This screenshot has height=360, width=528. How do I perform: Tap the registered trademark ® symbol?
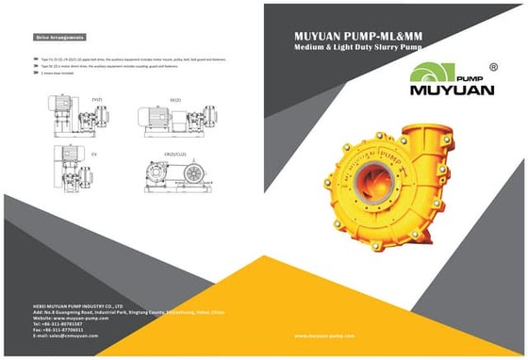pyautogui.click(x=493, y=68)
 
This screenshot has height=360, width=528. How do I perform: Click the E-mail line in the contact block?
pyautogui.click(x=66, y=335)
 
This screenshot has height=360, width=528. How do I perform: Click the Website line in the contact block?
pyautogui.click(x=69, y=318)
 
